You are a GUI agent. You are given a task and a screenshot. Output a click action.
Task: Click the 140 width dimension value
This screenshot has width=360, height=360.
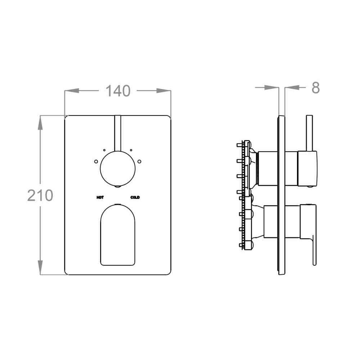point(118,91)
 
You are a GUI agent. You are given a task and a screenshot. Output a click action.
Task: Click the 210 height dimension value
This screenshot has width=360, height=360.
point(40,195)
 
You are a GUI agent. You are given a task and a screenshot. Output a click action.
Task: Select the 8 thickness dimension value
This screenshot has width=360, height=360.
point(315,87)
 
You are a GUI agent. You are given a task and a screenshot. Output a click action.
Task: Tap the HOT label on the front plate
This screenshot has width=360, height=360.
point(100,197)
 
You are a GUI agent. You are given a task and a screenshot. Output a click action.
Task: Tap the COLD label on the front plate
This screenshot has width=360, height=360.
point(135,197)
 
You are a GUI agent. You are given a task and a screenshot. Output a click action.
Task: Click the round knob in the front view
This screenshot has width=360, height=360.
point(118,169)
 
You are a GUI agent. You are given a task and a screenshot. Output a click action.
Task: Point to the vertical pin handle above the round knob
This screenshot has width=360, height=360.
point(118,133)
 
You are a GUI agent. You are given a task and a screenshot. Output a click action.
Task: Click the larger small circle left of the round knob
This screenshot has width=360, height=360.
point(96,161)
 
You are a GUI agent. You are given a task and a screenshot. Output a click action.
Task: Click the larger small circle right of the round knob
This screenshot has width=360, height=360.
point(139,161)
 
